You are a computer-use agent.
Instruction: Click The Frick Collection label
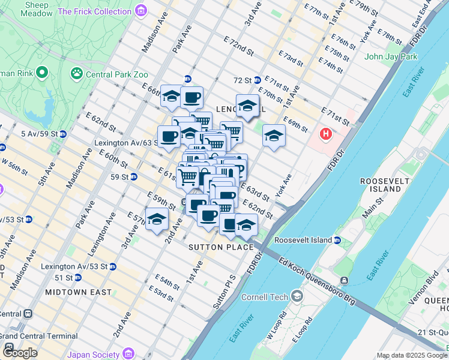[95, 11]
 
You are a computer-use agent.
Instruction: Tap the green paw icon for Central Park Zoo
[77, 74]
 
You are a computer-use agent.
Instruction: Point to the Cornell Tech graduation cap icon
[297, 296]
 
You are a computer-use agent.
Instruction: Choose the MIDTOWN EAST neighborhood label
[78, 292]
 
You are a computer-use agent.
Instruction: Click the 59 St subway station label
[119, 177]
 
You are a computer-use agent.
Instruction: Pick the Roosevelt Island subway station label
[303, 240]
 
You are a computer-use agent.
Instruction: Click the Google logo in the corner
[20, 352]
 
